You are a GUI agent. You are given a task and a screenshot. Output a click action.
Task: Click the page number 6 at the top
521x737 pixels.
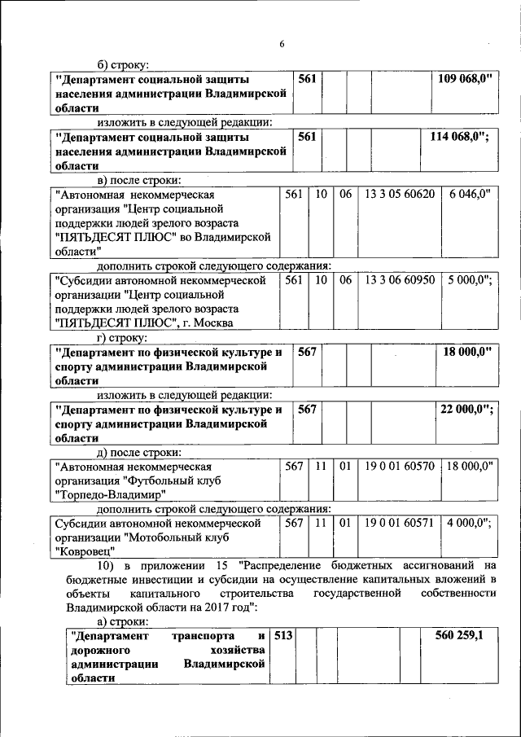coord(282,44)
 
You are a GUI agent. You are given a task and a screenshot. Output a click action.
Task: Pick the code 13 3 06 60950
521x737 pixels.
coord(400,279)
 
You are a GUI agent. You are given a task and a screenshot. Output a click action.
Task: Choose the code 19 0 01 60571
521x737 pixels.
coord(400,522)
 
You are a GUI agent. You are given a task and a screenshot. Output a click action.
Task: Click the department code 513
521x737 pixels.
coord(282,634)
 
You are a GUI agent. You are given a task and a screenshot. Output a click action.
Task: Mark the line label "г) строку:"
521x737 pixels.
coord(122,336)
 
